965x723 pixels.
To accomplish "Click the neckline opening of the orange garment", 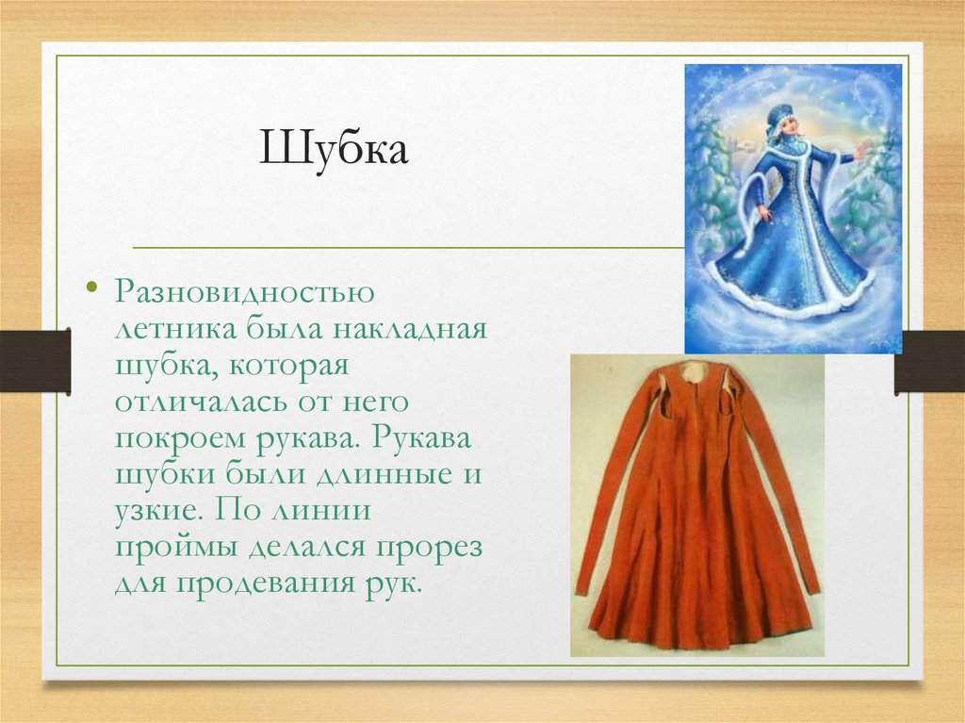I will [695, 372].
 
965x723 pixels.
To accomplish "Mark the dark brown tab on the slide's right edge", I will [929, 360].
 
